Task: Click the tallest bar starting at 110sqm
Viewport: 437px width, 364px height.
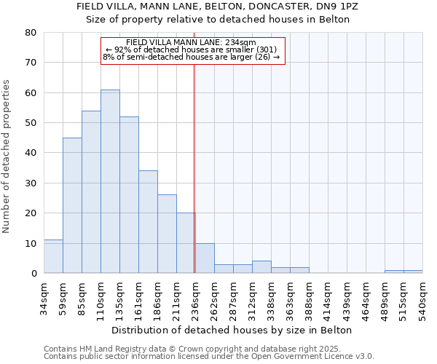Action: coord(110,181)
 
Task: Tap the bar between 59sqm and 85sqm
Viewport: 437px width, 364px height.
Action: coord(72,205)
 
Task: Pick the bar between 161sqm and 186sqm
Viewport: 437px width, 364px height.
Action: coord(148,222)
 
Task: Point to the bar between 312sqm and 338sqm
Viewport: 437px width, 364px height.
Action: coord(261,267)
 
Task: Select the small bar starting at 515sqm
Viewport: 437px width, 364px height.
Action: coord(413,272)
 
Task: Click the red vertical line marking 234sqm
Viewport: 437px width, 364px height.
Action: coord(194,167)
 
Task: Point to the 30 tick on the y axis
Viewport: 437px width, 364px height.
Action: coord(31,183)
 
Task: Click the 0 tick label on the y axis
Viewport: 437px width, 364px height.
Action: coord(34,274)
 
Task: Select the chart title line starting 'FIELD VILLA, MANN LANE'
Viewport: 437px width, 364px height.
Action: coord(218,6)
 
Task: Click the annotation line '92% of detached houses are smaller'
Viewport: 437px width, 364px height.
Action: coord(192,50)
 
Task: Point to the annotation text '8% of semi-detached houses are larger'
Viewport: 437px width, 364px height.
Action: coord(192,57)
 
